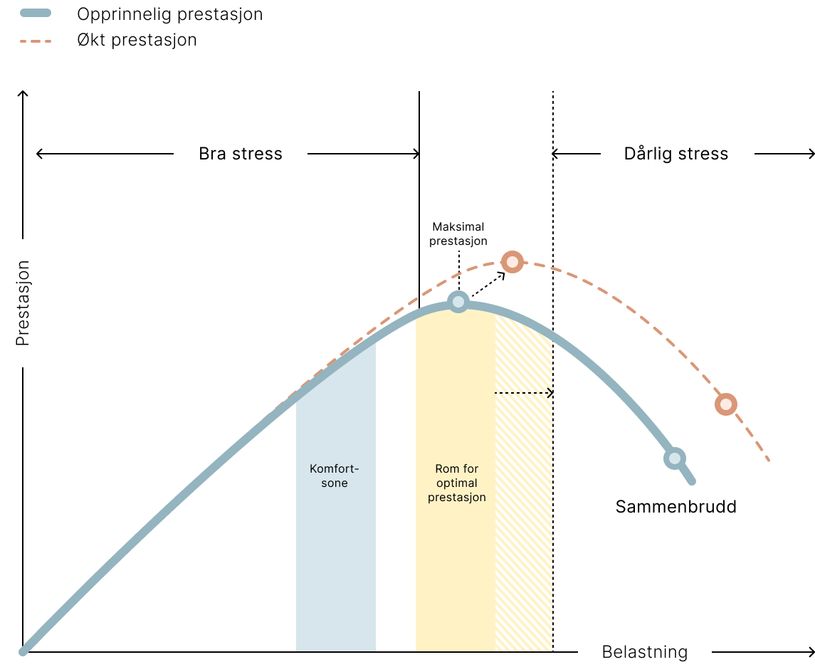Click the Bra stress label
(x=241, y=154)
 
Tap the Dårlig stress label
(x=676, y=154)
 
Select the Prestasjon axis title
(x=23, y=303)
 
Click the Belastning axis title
(x=644, y=652)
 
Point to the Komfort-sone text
(x=335, y=476)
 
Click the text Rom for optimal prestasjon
(x=456, y=483)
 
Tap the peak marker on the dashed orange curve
(x=512, y=262)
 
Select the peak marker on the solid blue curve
(x=458, y=303)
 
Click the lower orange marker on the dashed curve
(x=725, y=404)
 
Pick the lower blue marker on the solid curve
(x=674, y=458)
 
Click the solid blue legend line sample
(x=36, y=13)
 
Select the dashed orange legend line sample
(x=36, y=41)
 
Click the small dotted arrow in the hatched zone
(x=527, y=393)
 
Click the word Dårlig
(x=648, y=154)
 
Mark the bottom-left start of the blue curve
(x=23, y=651)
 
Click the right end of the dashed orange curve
(x=769, y=461)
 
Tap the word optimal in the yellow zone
(x=456, y=483)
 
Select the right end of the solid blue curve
(x=692, y=483)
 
